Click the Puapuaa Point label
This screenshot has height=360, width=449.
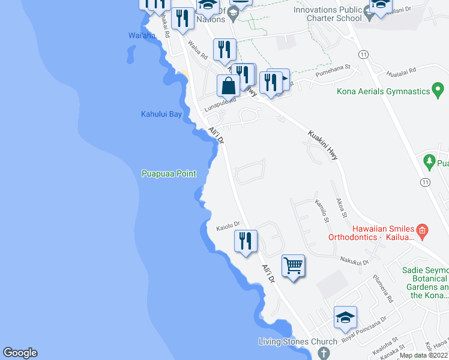169,174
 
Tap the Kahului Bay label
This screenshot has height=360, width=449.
161,114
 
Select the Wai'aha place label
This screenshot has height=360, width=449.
142,35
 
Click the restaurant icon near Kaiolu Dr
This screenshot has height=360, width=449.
246,241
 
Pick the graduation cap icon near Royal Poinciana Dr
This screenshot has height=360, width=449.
346,317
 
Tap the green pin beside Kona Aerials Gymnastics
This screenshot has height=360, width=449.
439,91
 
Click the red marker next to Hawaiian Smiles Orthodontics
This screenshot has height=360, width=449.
422,229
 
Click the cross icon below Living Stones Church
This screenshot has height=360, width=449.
324,353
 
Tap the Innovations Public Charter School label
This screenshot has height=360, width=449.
328,14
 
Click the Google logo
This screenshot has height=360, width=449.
20,353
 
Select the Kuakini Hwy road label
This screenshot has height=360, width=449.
323,145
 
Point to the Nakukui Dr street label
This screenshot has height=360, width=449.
354,261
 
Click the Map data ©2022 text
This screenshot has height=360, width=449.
423,355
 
